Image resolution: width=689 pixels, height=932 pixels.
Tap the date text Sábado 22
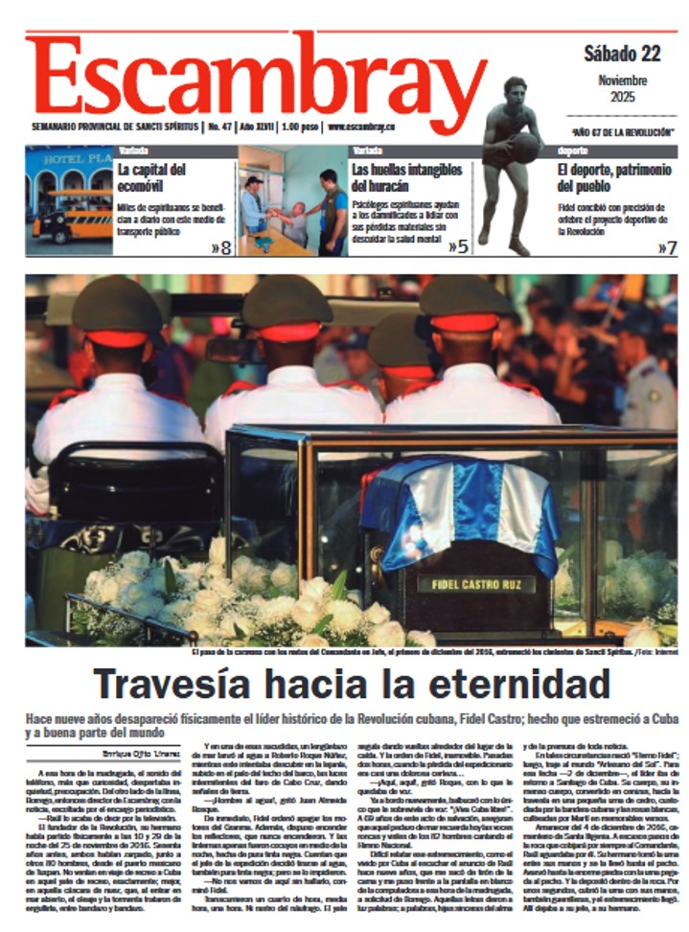coord(622,54)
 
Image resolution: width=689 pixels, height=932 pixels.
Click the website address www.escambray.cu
coord(362,127)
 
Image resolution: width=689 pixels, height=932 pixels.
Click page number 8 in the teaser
coord(220,247)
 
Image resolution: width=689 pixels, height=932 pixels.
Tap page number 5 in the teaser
coord(458,247)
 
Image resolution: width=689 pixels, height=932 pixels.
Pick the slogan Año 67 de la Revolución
coord(621,130)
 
